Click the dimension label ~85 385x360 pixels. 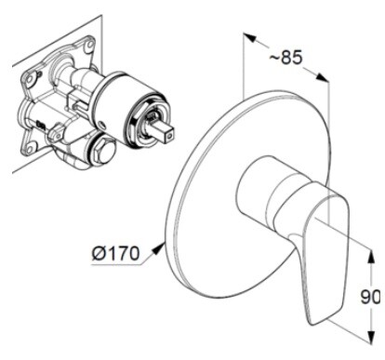point(285,58)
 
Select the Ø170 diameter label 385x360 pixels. point(115,254)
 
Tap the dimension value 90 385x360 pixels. point(370,298)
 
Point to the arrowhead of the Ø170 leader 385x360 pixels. point(159,248)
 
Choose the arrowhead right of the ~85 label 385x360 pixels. point(322,77)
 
